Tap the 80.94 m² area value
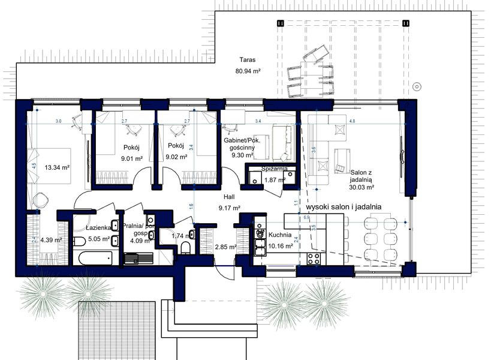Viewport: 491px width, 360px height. click(247, 71)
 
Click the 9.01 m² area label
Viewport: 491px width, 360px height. click(131, 158)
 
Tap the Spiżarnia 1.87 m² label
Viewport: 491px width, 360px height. click(275, 174)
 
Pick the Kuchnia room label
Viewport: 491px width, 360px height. click(280, 236)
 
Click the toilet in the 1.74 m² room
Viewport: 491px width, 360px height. click(186, 248)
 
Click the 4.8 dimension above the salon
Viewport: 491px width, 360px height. click(352, 121)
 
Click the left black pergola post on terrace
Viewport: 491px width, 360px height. click(281, 23)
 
